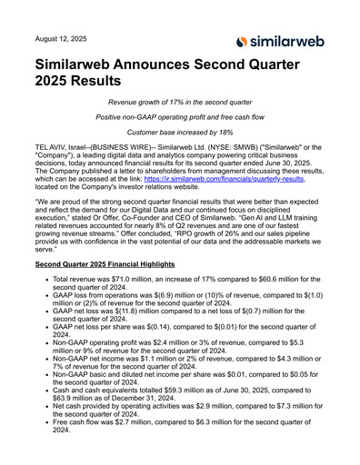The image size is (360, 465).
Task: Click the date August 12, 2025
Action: [62, 40]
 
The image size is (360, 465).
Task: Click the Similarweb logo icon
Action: [242, 41]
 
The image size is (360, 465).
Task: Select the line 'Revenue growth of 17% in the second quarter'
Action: [180, 105]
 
